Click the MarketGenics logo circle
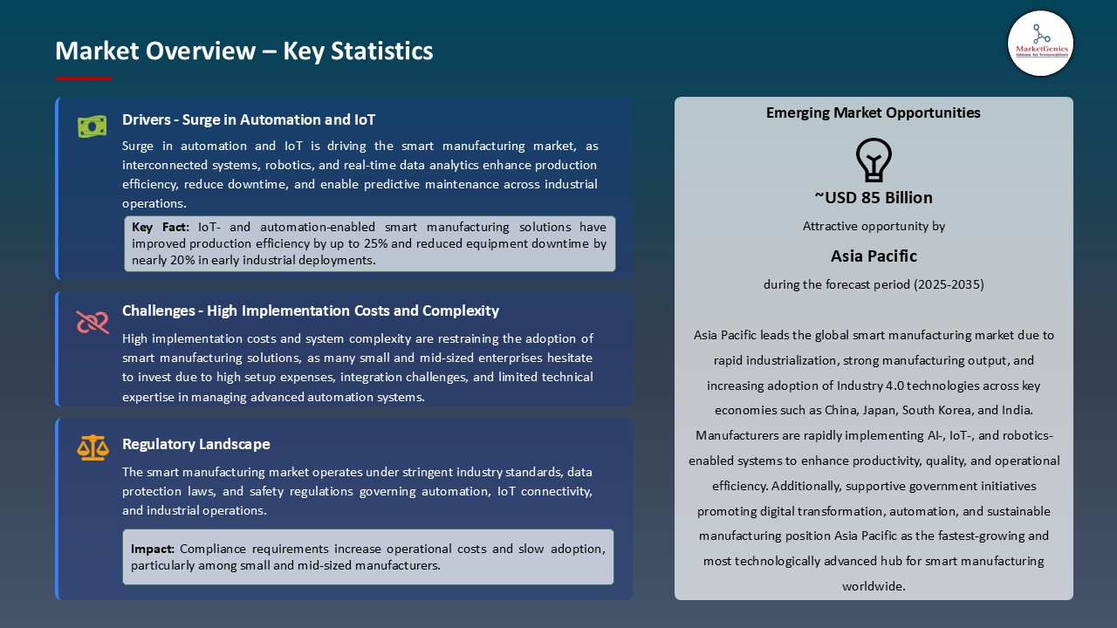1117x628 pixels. pyautogui.click(x=1040, y=44)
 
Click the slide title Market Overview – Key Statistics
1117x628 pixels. pyautogui.click(x=243, y=51)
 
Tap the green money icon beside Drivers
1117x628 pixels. pyautogui.click(x=92, y=126)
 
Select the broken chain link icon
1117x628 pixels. pyautogui.click(x=92, y=322)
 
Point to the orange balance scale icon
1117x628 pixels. pyautogui.click(x=92, y=447)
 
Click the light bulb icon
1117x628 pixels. pyautogui.click(x=873, y=160)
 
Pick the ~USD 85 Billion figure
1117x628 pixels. pyautogui.click(x=873, y=198)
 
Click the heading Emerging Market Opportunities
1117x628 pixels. pyautogui.click(x=873, y=113)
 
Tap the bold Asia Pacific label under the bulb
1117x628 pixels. pyautogui.click(x=873, y=256)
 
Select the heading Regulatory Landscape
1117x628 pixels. pyautogui.click(x=195, y=444)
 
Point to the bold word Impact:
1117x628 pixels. pyautogui.click(x=153, y=549)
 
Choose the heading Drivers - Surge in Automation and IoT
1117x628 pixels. pyautogui.click(x=249, y=119)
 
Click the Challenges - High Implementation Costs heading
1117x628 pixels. pyautogui.click(x=310, y=311)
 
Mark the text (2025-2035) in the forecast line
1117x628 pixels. pyautogui.click(x=949, y=284)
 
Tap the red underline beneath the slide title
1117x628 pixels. pyautogui.click(x=83, y=78)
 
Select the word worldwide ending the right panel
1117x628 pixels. pyautogui.click(x=873, y=586)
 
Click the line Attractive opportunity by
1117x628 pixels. pyautogui.click(x=873, y=226)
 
